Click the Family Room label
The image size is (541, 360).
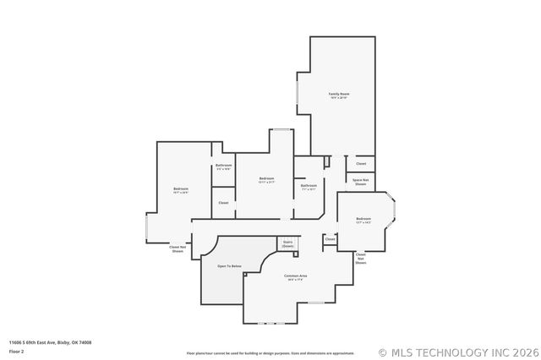pyautogui.click(x=339, y=93)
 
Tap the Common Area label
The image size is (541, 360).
pyautogui.click(x=295, y=276)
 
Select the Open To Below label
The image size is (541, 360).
pyautogui.click(x=229, y=266)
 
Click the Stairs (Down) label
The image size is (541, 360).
pyautogui.click(x=287, y=243)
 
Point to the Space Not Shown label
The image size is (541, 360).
pyautogui.click(x=360, y=182)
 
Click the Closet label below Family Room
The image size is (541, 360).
pyautogui.click(x=360, y=163)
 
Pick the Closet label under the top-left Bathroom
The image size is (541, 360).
pyautogui.click(x=223, y=203)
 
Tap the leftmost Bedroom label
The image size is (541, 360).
pyautogui.click(x=181, y=188)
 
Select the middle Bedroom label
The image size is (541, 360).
pyautogui.click(x=266, y=178)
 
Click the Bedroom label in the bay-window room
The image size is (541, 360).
pyautogui.click(x=363, y=219)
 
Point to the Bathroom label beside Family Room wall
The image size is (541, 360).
pyautogui.click(x=309, y=185)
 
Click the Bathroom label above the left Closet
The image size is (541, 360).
pyautogui.click(x=223, y=165)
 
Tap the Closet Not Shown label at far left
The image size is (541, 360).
pyautogui.click(x=178, y=249)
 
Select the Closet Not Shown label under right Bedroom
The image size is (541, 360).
pyautogui.click(x=360, y=259)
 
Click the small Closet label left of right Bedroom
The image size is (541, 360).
pyautogui.click(x=330, y=239)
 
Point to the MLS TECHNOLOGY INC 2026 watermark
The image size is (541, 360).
pyautogui.click(x=457, y=352)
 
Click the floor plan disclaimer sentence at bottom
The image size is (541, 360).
pyautogui.click(x=270, y=352)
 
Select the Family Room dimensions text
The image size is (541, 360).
pyautogui.click(x=339, y=98)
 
